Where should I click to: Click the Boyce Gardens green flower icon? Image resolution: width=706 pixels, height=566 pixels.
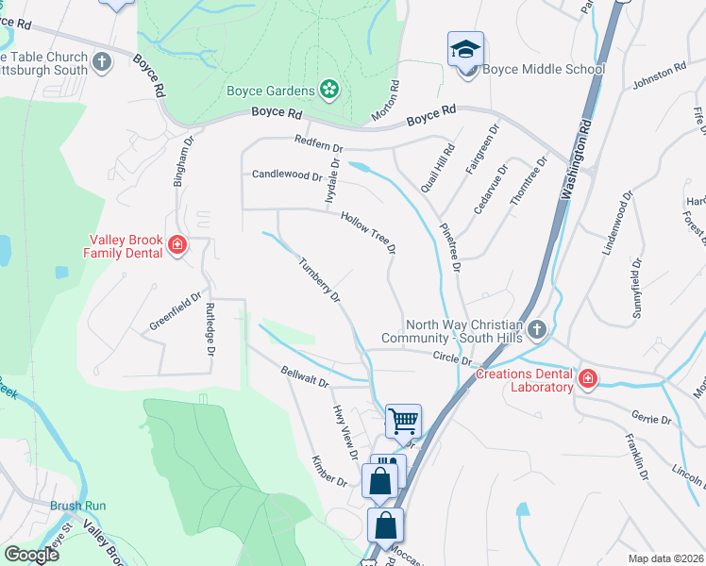click(329, 90)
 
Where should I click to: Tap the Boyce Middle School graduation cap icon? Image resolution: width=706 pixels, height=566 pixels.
click(464, 49)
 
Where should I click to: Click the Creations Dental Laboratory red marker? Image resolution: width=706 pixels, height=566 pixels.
click(588, 379)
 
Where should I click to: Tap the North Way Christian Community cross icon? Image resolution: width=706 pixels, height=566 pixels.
click(536, 330)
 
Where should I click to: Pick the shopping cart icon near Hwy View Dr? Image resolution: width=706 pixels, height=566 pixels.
click(403, 421)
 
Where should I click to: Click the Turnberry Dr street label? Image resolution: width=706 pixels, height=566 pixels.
click(320, 280)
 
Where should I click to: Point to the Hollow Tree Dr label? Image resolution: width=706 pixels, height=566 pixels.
click(367, 232)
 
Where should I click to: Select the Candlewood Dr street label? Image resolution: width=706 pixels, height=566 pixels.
click(287, 175)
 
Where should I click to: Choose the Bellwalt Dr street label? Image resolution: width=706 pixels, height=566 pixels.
click(304, 378)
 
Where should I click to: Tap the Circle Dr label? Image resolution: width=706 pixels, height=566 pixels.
click(452, 358)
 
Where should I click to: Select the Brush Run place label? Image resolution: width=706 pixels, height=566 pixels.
click(78, 506)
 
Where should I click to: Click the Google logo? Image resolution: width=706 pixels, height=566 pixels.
click(31, 555)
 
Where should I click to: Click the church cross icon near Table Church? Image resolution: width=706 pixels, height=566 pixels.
click(102, 62)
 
